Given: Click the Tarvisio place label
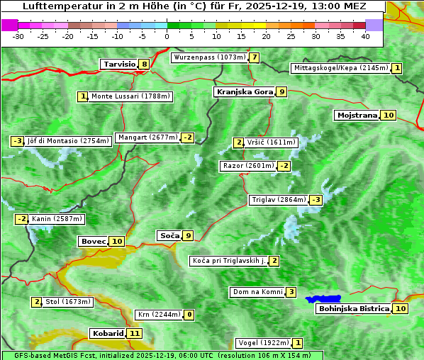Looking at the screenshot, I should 119,64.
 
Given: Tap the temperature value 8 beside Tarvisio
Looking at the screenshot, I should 145,64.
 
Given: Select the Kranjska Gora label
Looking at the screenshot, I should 245,91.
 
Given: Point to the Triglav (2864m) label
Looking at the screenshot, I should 279,200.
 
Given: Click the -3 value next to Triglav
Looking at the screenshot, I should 316,200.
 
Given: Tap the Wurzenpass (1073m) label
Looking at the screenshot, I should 209,57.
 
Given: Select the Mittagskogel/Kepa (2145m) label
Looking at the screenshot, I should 340,68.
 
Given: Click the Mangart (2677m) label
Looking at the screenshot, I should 147,137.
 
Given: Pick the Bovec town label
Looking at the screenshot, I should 94,241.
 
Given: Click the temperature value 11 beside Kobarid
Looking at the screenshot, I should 135,333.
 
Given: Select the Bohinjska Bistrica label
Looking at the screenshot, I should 353,308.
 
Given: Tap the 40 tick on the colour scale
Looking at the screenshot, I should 365,35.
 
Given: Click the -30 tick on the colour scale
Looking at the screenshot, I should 18,35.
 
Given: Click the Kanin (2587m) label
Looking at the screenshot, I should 57,219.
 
